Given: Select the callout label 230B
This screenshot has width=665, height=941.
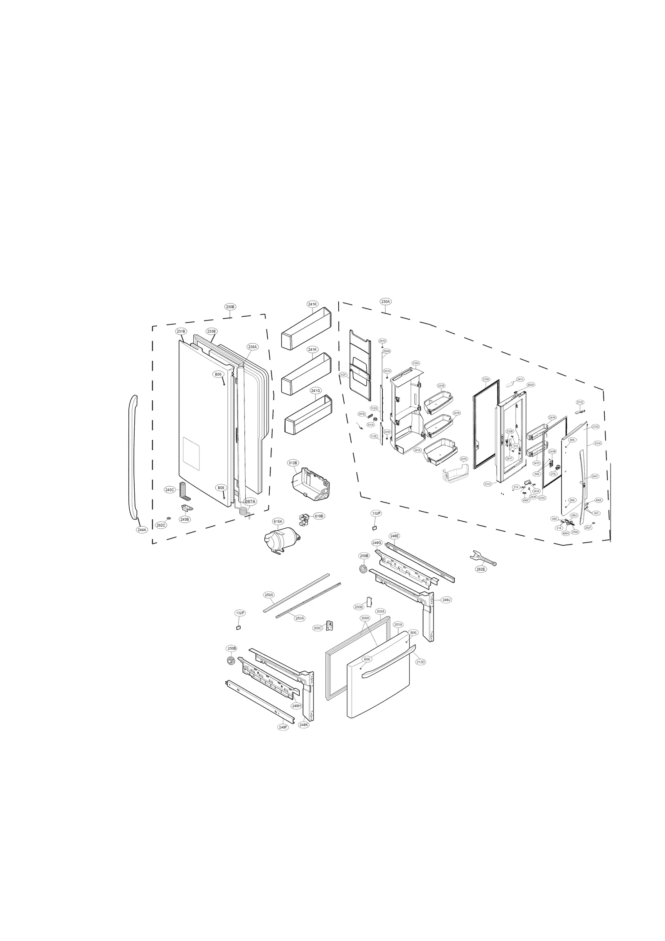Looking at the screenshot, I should pos(230,307).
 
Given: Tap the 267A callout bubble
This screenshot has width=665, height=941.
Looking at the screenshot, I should pos(250,502).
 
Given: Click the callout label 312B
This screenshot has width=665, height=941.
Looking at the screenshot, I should pos(293,463).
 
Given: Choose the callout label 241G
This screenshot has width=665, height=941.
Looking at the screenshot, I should pos(315,391).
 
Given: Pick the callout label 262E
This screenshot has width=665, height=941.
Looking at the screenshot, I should pos(480,569).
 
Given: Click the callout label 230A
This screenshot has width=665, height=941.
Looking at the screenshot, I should pos(385,301).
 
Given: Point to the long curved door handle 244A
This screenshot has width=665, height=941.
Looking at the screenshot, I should pos(133,457).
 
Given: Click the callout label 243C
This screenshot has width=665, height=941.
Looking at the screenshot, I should pos(170,490).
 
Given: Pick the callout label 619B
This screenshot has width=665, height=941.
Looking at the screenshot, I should pos(319,516).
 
